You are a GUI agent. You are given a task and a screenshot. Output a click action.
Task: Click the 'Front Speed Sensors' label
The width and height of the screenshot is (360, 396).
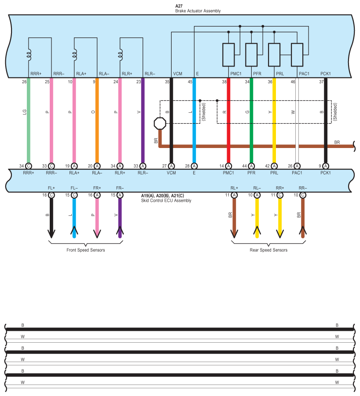tap(86, 250)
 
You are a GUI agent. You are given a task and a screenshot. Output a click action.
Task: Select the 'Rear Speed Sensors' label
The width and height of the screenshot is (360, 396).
tap(268, 250)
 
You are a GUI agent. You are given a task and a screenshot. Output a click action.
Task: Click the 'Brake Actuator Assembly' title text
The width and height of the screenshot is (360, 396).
tap(198, 11)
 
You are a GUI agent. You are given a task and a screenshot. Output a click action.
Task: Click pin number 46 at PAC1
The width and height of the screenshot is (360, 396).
tap(293, 82)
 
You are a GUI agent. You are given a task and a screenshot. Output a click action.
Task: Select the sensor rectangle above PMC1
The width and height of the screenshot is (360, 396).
tap(228, 55)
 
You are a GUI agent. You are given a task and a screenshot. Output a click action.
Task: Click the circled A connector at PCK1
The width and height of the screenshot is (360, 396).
tap(326, 166)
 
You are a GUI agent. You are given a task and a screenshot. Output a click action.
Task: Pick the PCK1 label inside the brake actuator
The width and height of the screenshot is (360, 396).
tap(326, 74)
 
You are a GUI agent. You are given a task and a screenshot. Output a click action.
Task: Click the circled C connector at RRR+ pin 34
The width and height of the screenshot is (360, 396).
tap(29, 166)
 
